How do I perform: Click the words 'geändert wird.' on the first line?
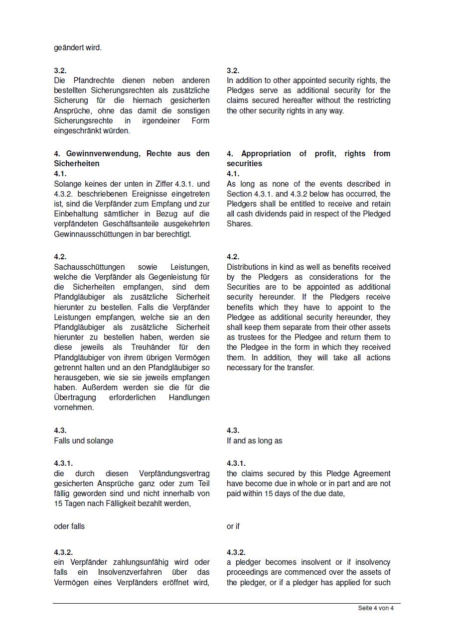(78, 48)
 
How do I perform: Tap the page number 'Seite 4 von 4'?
(376, 608)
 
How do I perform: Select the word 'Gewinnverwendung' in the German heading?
(103, 154)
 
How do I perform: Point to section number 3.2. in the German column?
(60, 71)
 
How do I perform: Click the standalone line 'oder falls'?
(69, 527)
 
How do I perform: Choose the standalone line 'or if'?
(233, 527)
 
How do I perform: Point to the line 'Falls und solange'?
(84, 441)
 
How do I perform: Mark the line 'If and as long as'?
(255, 441)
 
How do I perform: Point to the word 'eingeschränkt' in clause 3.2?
(77, 131)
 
